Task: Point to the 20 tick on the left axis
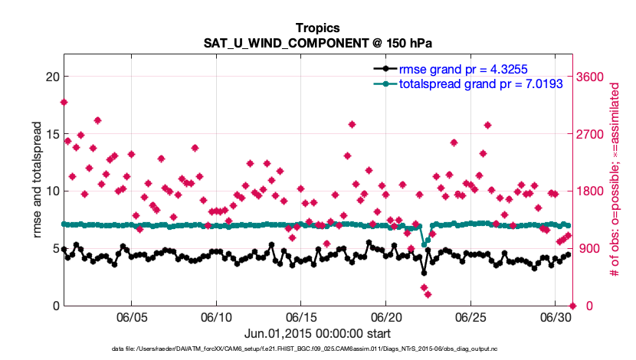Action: point(47,77)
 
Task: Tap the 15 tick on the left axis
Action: point(47,134)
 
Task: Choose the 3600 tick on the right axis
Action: point(594,77)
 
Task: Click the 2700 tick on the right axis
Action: point(594,134)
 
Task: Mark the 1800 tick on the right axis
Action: point(594,191)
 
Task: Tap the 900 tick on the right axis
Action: point(591,249)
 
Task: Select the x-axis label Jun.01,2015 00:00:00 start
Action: point(317,333)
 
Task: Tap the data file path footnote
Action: point(317,350)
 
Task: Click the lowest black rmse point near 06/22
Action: point(424,273)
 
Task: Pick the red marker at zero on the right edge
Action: point(572,306)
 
